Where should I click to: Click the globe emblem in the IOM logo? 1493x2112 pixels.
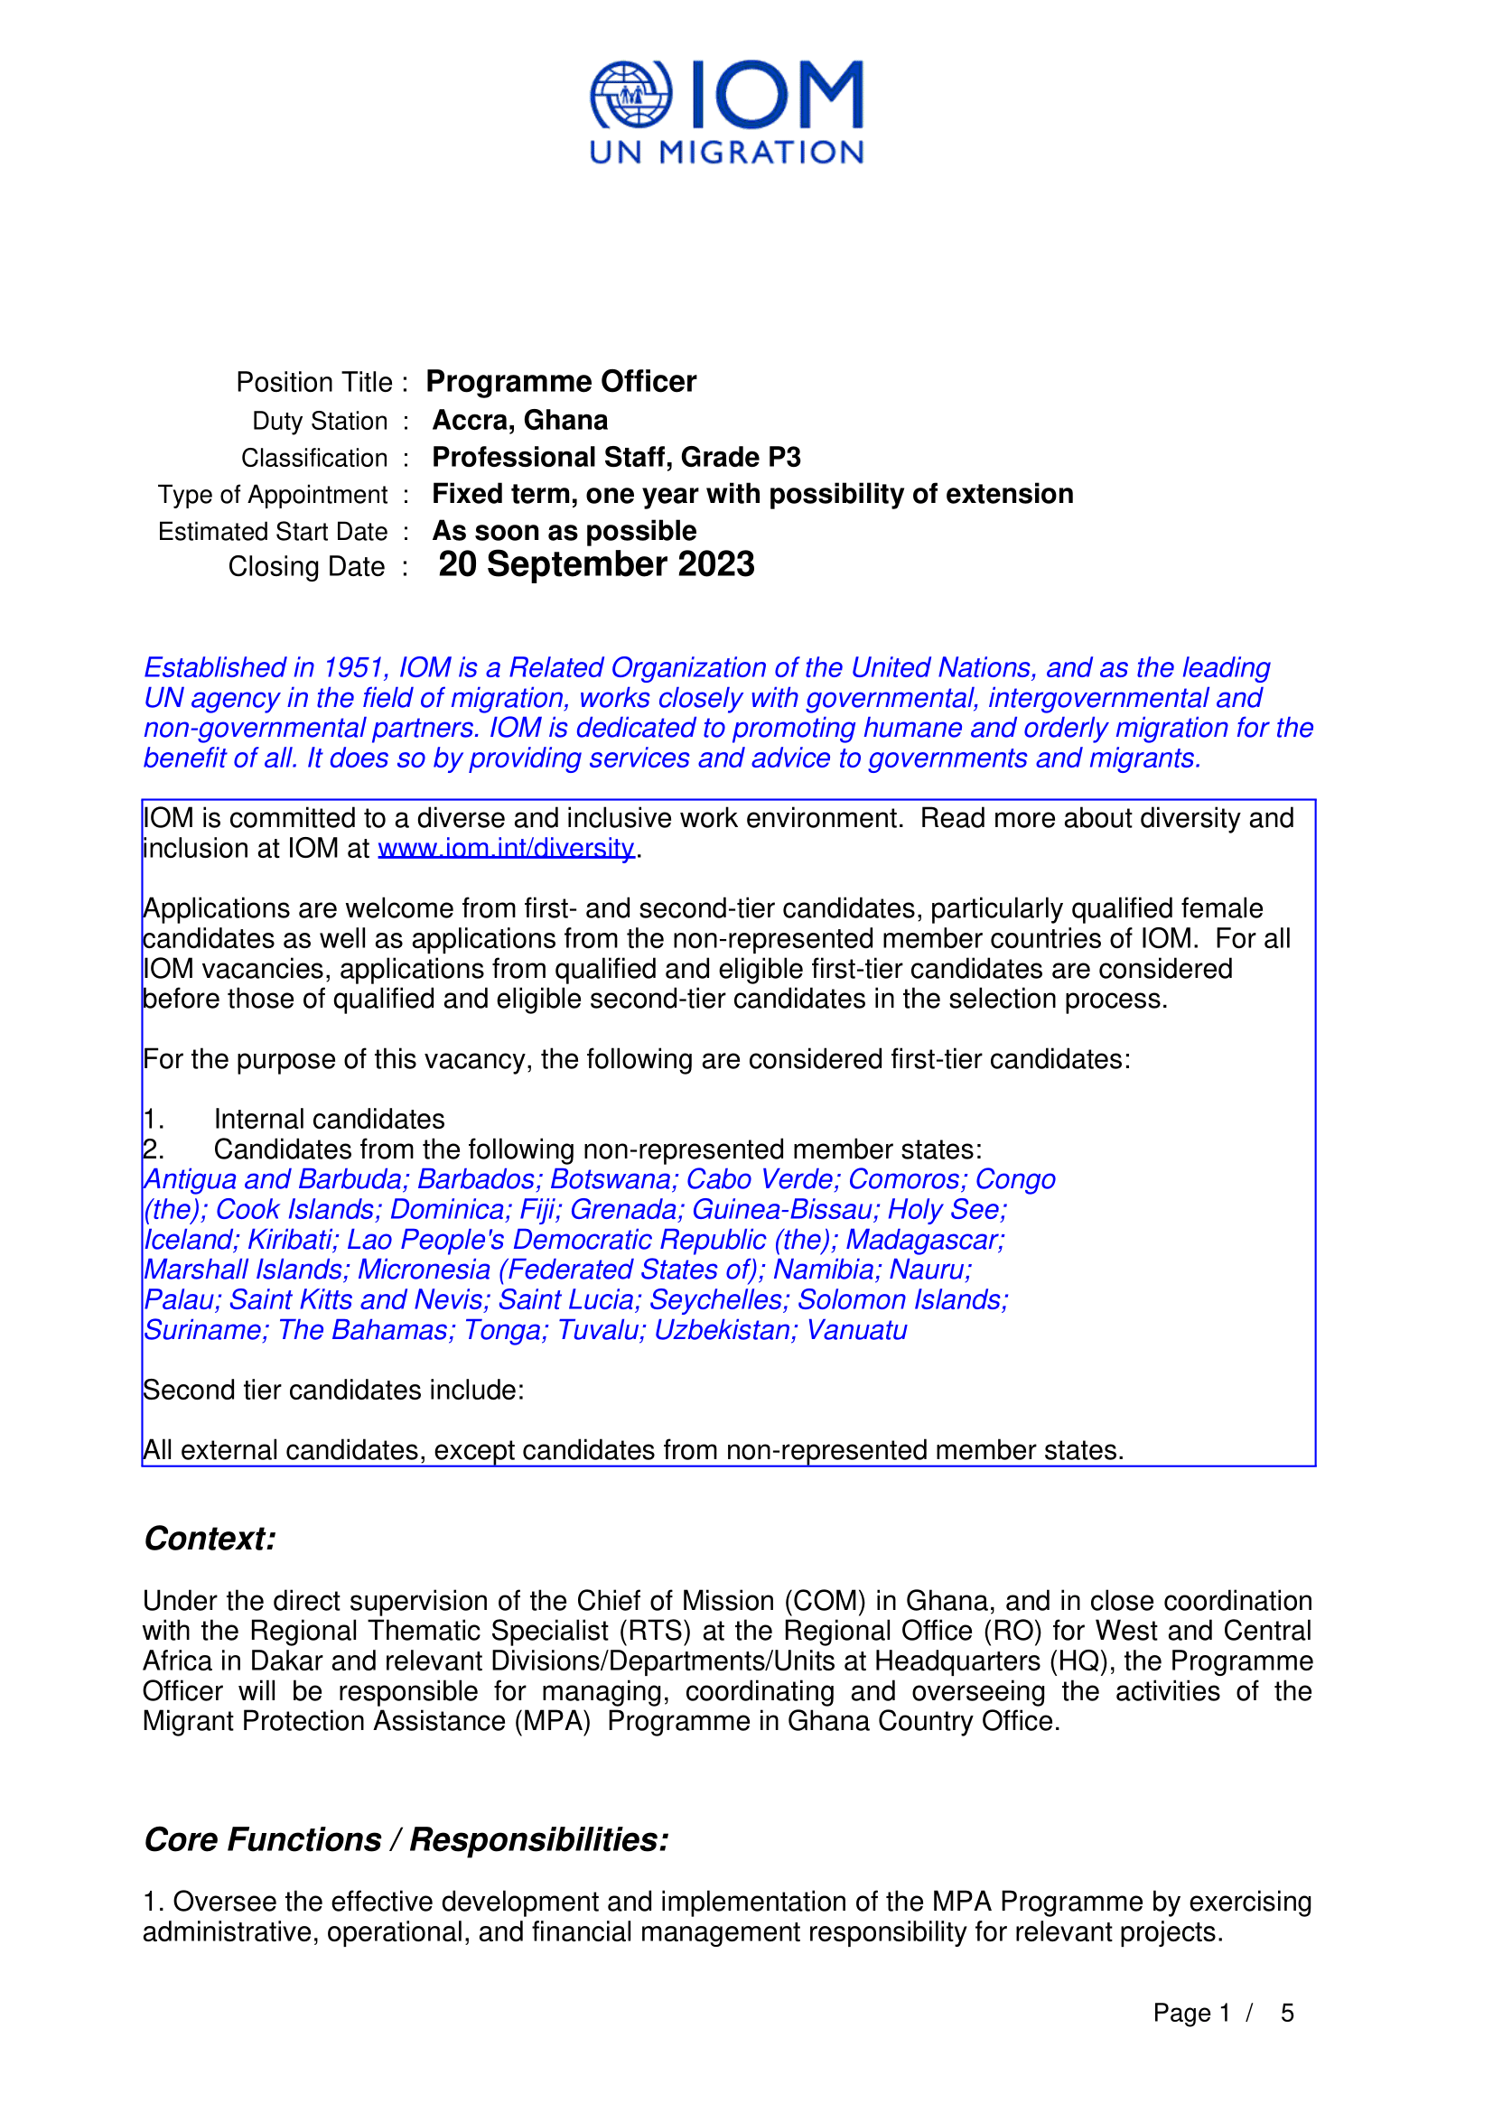630,95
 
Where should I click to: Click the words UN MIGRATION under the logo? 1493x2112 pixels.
726,153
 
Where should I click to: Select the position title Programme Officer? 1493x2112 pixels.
560,382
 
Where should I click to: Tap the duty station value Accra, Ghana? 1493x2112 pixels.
519,421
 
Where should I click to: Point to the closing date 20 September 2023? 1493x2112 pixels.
596,564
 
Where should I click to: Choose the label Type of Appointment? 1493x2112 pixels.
272,495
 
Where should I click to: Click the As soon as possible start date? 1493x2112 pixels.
564,531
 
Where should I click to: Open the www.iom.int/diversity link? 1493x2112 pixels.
506,848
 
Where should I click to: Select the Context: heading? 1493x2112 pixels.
210,1539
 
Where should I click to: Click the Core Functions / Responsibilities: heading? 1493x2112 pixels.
406,1839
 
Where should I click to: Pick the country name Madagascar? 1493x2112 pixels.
925,1240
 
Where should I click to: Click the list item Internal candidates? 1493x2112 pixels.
330,1120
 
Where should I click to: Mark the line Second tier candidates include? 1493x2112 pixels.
333,1390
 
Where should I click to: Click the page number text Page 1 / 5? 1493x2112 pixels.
1223,2014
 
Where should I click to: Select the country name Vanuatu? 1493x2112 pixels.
856,1330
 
